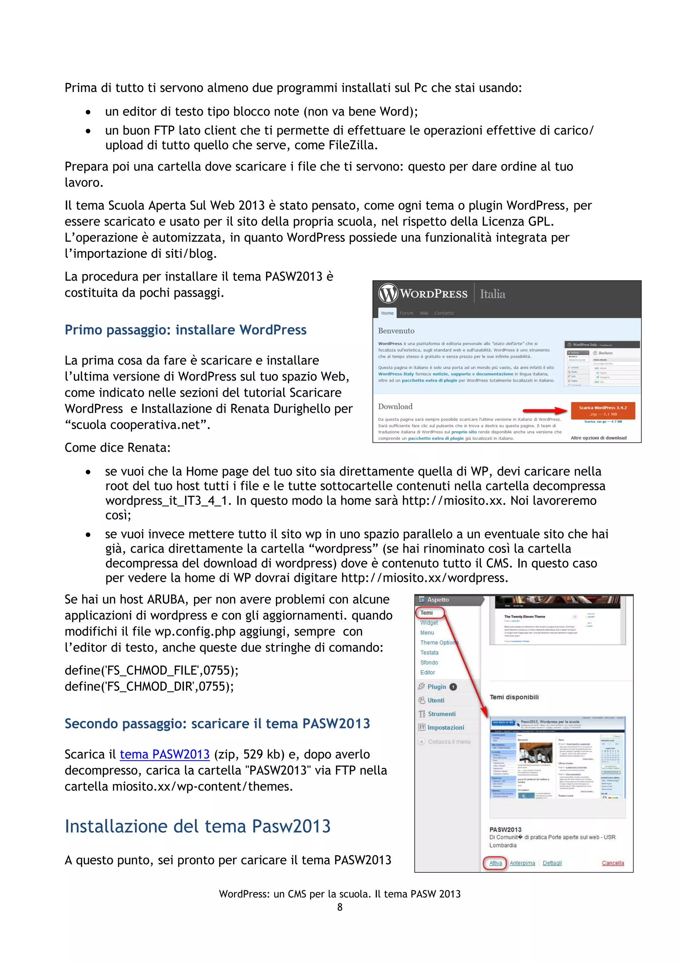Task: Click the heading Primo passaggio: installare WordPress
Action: click(x=186, y=330)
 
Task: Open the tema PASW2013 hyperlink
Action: click(x=165, y=755)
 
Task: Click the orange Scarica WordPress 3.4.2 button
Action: click(x=603, y=410)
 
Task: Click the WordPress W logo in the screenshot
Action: click(x=388, y=293)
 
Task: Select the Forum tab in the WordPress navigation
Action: click(x=406, y=313)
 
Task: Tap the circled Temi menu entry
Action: click(x=427, y=613)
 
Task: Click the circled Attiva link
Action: click(x=495, y=863)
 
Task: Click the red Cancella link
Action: click(x=613, y=863)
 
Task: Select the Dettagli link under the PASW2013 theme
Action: click(x=552, y=863)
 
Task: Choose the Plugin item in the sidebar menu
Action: click(x=437, y=687)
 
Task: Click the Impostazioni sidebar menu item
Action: click(x=446, y=727)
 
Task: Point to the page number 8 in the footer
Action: click(x=340, y=907)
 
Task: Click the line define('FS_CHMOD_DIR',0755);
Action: click(x=149, y=686)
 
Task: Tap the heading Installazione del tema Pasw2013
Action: click(x=198, y=826)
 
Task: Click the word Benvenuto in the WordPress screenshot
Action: click(x=396, y=331)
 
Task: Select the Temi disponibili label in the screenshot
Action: click(x=514, y=697)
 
